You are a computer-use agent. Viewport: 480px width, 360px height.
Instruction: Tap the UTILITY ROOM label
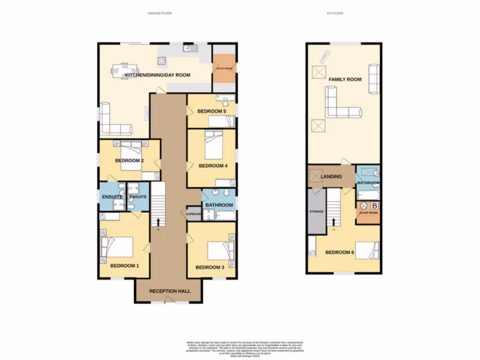(225, 68)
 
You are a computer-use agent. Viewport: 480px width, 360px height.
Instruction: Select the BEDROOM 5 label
(211, 111)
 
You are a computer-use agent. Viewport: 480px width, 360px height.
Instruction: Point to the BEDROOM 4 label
(213, 165)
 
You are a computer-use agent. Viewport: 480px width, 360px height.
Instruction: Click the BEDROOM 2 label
(129, 161)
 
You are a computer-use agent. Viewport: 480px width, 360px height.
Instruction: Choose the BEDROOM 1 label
(125, 266)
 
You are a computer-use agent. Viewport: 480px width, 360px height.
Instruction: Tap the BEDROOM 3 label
(210, 268)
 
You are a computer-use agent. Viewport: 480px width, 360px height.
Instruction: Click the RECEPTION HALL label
(170, 291)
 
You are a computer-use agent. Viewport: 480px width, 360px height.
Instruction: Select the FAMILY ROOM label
(345, 79)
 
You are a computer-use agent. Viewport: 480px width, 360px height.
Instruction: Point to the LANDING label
(331, 176)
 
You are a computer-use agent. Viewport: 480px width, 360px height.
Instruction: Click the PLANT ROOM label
(368, 213)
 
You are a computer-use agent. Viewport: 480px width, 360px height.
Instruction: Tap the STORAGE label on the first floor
(316, 212)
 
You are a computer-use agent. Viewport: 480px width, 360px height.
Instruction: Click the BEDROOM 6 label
(340, 253)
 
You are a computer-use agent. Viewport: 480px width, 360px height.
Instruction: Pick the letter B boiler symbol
(374, 205)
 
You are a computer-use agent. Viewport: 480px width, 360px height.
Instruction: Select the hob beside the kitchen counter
(162, 60)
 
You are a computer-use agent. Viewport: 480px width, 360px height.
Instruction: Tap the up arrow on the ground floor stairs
(158, 221)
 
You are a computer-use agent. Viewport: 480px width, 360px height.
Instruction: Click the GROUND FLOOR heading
(159, 13)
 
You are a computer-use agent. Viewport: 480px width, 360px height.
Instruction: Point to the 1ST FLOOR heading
(335, 13)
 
